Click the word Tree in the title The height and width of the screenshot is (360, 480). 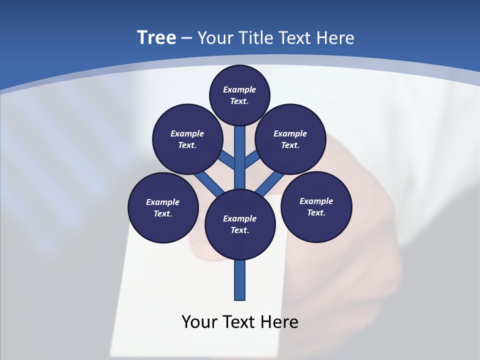[156, 37]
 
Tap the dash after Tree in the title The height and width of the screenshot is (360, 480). [187, 38]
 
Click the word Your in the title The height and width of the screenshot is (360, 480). [214, 37]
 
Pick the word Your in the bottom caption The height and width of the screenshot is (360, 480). [199, 322]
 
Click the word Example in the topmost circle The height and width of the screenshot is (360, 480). [239, 89]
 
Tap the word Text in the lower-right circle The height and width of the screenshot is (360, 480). [316, 212]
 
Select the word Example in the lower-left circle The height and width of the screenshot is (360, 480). [162, 202]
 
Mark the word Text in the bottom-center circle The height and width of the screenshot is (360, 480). [239, 230]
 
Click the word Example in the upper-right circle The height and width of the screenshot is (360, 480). [290, 133]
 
